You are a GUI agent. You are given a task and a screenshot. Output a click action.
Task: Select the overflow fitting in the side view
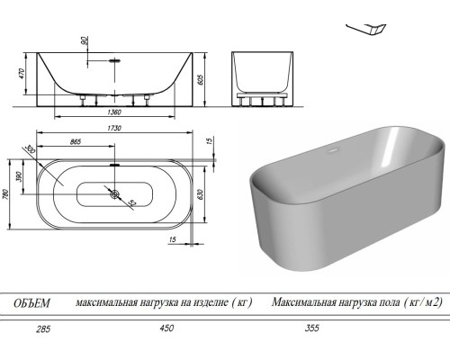114,59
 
